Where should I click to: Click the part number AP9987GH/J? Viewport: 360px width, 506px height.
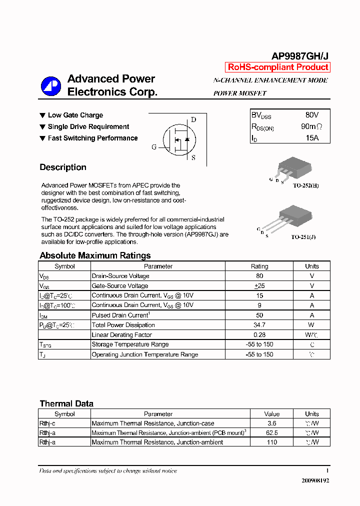click(299, 56)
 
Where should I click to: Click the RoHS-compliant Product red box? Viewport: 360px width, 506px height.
click(278, 67)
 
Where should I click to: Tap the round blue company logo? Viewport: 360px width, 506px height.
click(50, 86)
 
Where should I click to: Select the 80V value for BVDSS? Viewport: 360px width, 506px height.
click(311, 115)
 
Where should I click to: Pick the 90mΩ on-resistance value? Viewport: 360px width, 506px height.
click(311, 126)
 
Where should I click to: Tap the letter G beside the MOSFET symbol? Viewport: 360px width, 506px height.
click(154, 147)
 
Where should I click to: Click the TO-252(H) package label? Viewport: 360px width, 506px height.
click(305, 185)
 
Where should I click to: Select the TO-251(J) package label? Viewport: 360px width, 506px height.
click(303, 237)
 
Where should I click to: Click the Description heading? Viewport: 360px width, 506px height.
click(63, 167)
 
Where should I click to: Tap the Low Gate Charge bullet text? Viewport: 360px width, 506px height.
click(75, 115)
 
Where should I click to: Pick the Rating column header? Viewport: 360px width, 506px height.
click(259, 266)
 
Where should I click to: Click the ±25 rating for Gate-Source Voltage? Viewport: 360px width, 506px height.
click(259, 286)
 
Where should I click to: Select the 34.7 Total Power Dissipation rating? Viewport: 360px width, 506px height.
click(259, 325)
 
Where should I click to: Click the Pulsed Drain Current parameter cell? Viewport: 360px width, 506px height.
click(120, 315)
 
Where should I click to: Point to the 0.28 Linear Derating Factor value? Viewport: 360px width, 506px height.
click(259, 335)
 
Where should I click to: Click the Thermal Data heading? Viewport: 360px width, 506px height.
click(66, 403)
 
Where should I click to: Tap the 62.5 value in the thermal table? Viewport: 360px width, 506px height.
click(272, 433)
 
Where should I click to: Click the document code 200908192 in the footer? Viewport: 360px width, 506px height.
click(315, 480)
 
